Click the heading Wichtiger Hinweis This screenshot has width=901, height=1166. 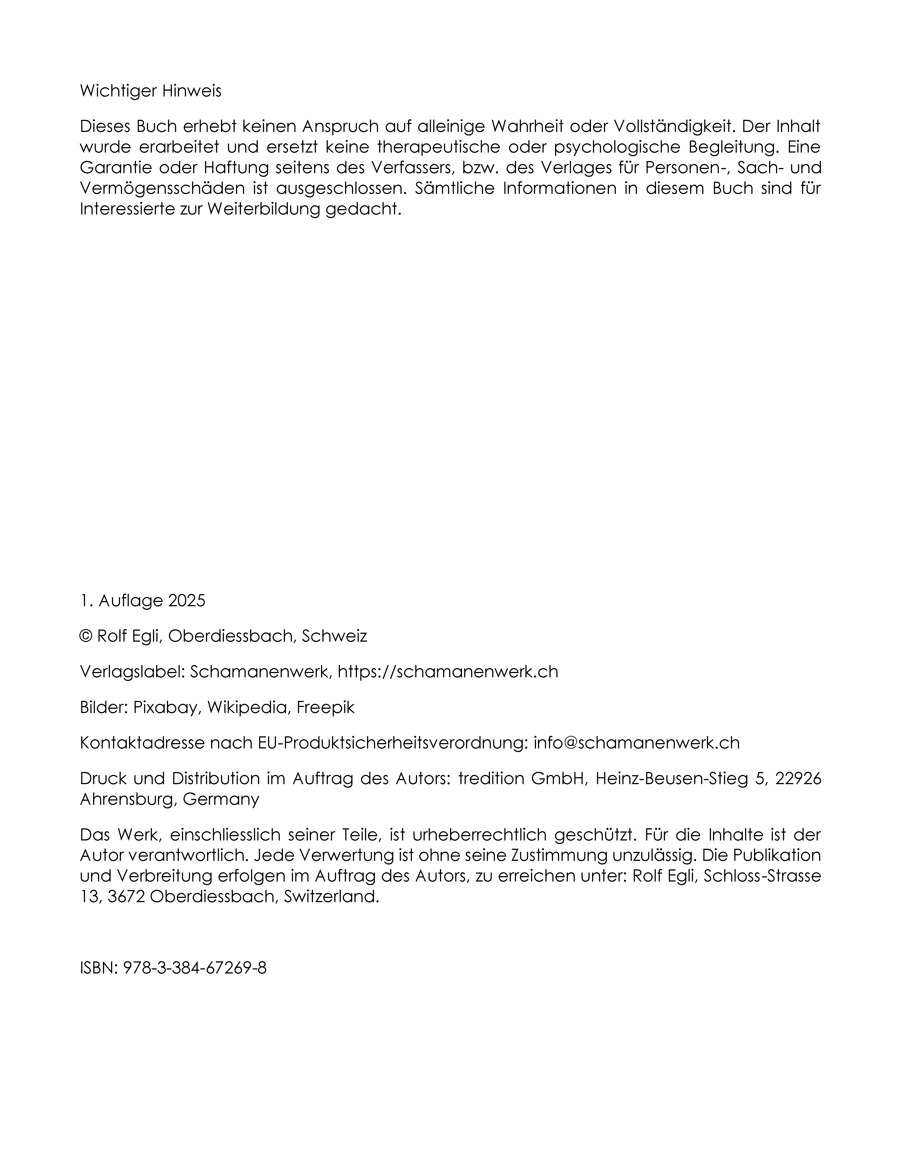(151, 91)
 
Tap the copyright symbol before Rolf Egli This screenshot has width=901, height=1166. (85, 636)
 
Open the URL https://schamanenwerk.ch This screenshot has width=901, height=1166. (448, 672)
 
